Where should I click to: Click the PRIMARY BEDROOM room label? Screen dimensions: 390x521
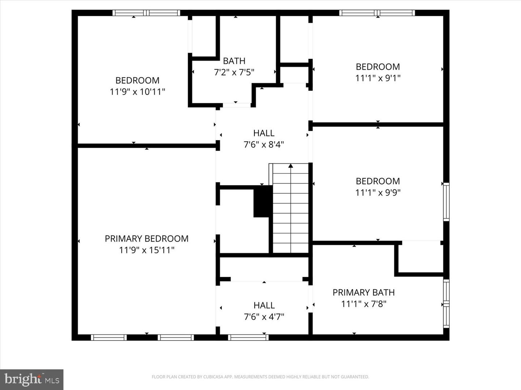(x=147, y=239)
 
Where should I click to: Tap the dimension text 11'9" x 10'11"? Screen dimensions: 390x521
(x=137, y=92)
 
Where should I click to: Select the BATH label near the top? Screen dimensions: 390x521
(x=234, y=61)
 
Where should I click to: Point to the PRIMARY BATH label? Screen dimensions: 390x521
(x=364, y=292)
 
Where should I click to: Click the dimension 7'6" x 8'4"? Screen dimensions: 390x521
(x=264, y=145)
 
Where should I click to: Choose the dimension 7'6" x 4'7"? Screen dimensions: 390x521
(x=264, y=317)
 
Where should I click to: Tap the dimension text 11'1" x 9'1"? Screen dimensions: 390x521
(x=378, y=78)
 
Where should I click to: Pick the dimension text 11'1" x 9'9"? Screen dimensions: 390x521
(x=378, y=192)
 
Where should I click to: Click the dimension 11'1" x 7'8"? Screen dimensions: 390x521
(x=364, y=304)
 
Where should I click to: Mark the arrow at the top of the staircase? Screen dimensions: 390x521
(x=291, y=166)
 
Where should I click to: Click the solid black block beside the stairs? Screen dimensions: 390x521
(x=263, y=201)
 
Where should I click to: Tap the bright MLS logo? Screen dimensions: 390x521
(x=32, y=380)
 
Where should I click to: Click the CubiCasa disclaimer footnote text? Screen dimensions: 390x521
(x=260, y=377)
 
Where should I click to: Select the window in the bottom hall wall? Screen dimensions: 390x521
(x=248, y=338)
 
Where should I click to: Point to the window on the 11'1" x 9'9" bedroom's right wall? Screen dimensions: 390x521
(x=446, y=202)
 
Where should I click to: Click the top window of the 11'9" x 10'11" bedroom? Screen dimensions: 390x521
(x=146, y=13)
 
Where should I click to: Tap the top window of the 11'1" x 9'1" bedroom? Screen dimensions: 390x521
(x=377, y=13)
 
